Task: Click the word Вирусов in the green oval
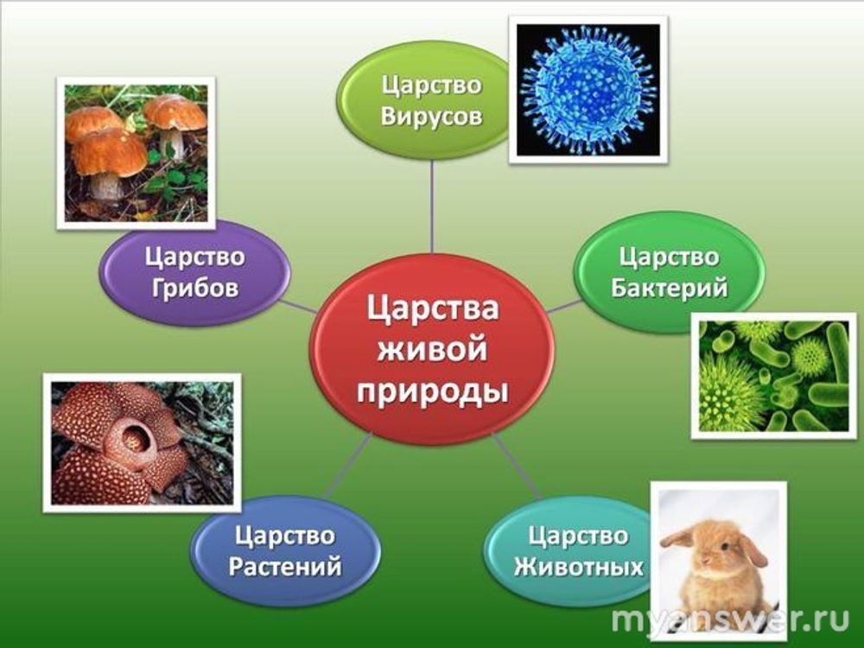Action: tap(431, 117)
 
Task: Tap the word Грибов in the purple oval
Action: tap(195, 289)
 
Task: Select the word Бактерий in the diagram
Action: tap(669, 289)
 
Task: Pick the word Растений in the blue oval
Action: tap(285, 567)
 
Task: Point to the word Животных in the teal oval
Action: tap(579, 567)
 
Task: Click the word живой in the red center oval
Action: tap(432, 349)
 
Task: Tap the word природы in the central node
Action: tap(433, 392)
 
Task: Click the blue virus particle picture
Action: tap(588, 89)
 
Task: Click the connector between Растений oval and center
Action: tap(347, 466)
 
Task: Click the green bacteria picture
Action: tap(773, 376)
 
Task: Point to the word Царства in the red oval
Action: tap(433, 308)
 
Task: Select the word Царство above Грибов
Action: tap(195, 257)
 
